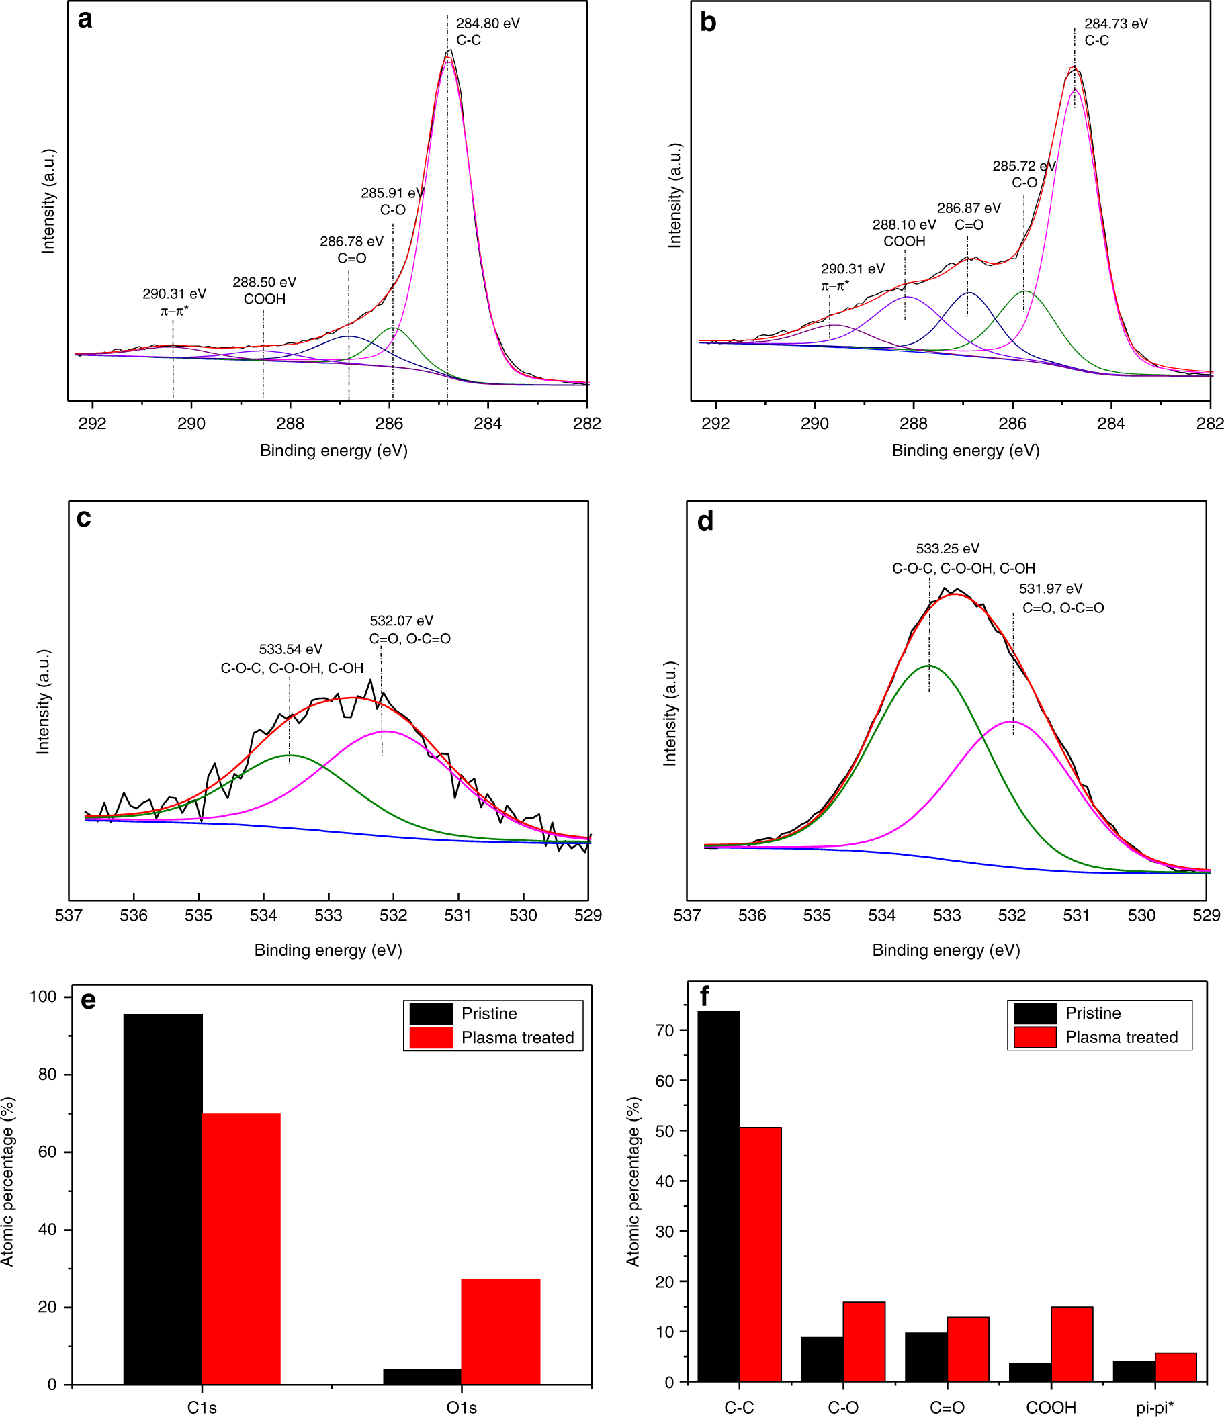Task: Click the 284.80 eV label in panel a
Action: tap(488, 24)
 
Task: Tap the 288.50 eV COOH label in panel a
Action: tap(264, 290)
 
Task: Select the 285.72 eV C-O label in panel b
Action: tap(1024, 174)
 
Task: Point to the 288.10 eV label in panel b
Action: tap(904, 225)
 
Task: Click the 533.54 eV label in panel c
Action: tap(291, 649)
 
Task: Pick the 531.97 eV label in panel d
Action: tap(1050, 588)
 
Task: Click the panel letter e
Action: tap(88, 1000)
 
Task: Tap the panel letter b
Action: tap(707, 22)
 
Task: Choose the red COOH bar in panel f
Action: tap(1072, 1343)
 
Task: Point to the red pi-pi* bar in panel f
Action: tap(1176, 1367)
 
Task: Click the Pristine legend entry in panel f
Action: tap(1092, 1013)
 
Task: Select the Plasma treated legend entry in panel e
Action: tap(517, 1038)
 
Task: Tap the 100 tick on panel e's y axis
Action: tap(42, 997)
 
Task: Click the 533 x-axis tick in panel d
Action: tap(947, 915)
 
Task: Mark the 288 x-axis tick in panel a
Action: tap(290, 424)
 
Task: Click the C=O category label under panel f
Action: tap(947, 1408)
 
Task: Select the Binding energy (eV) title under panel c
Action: tap(328, 950)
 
